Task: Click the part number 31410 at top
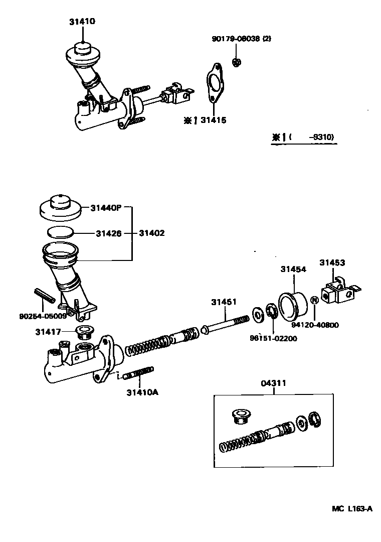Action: tap(82, 22)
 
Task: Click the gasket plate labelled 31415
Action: tap(214, 86)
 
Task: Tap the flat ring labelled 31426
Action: tap(61, 232)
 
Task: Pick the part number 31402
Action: tap(151, 233)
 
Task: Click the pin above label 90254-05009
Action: tap(45, 296)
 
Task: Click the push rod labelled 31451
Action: tap(226, 324)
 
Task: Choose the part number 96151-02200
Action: tap(273, 338)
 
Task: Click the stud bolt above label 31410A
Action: tap(138, 374)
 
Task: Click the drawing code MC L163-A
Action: tap(351, 508)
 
